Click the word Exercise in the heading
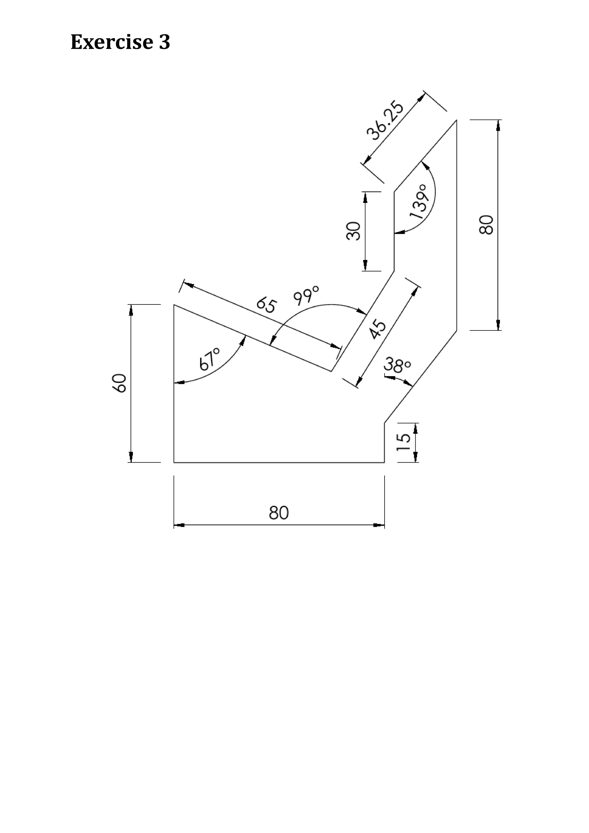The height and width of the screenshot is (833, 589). (x=111, y=42)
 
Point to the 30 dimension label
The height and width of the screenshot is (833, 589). (x=353, y=231)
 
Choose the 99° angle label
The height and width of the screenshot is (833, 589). (x=306, y=295)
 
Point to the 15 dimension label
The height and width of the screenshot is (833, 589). (x=403, y=442)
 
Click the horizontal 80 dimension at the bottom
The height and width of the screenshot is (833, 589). (x=279, y=513)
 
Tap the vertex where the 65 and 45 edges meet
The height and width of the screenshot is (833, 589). (x=331, y=371)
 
